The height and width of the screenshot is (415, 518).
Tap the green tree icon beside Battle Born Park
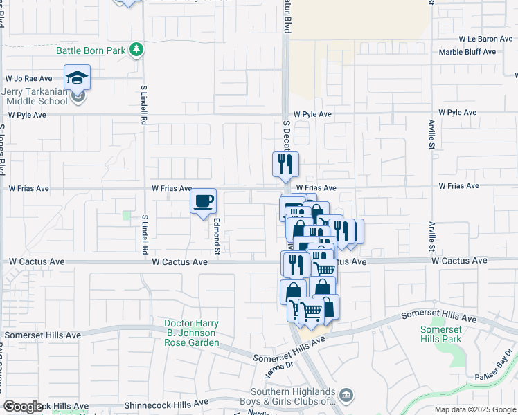point(138,49)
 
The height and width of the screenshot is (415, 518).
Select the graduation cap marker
point(78,77)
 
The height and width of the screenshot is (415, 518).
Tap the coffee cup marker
point(204,201)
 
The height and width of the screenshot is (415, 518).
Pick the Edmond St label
point(217,237)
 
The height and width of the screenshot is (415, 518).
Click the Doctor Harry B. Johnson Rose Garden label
point(192,333)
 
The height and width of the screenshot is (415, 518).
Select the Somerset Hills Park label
point(440,334)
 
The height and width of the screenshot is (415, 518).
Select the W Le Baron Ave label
point(485,39)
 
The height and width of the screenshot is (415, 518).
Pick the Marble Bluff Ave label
point(468,52)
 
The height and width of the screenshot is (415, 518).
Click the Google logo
point(22,407)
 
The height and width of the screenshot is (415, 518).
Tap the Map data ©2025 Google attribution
point(474,409)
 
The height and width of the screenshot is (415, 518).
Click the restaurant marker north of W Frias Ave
point(285,165)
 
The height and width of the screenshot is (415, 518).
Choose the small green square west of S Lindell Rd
point(127,216)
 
